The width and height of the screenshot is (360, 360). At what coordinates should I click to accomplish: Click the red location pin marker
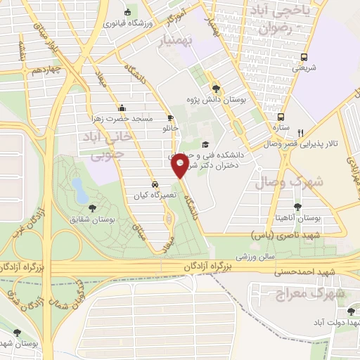point(180,166)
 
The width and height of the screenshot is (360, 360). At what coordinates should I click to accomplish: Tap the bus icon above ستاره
point(281,117)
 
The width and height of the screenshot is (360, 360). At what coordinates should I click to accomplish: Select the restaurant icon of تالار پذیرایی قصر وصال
point(301,132)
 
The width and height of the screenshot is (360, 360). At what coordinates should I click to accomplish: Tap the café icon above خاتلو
point(170,118)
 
